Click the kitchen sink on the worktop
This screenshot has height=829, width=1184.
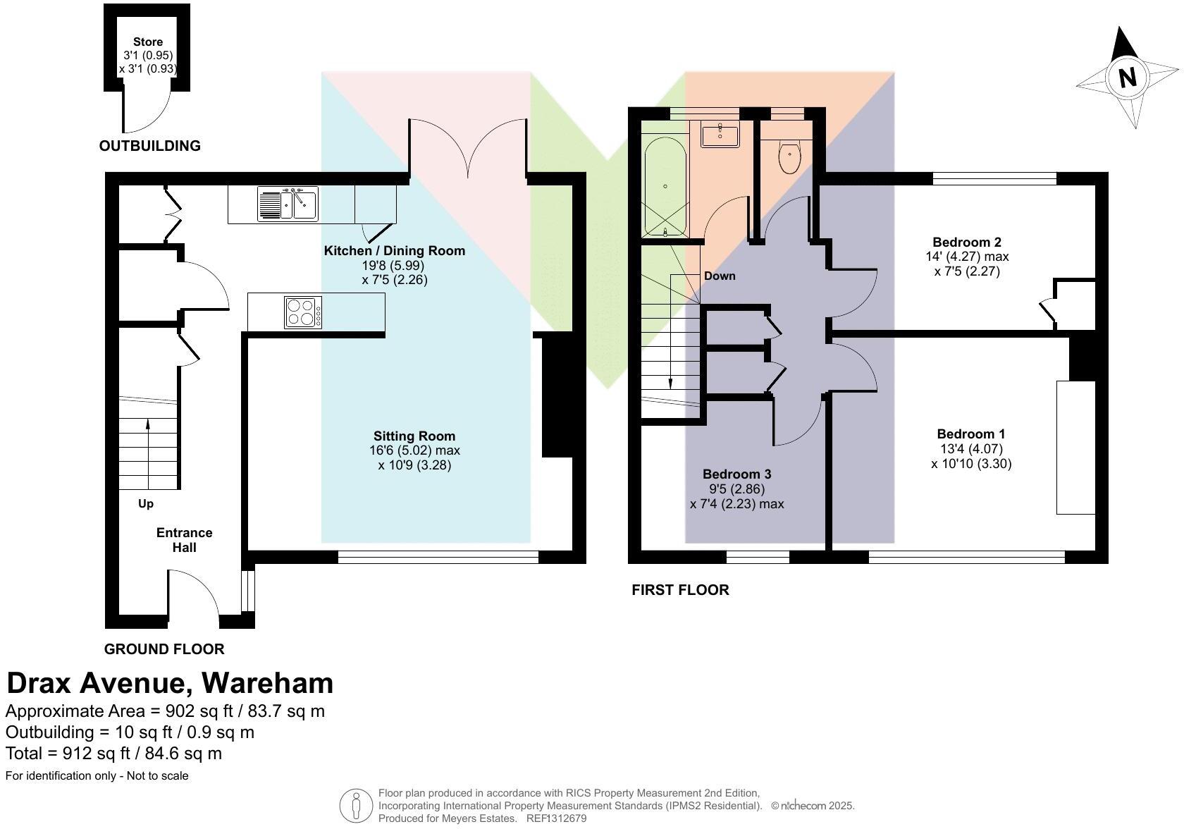click(288, 204)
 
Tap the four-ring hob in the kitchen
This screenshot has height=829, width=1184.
click(303, 312)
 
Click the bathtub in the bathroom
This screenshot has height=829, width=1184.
click(665, 186)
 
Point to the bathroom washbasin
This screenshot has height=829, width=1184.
click(720, 133)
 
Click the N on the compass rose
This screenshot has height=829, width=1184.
click(1128, 77)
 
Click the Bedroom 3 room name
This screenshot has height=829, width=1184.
click(736, 474)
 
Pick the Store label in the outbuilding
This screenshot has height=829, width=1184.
click(148, 42)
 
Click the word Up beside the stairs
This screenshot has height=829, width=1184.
click(146, 503)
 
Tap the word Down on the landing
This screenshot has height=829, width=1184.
click(720, 276)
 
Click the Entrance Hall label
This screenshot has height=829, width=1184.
click(184, 540)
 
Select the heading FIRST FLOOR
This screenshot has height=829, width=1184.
click(680, 590)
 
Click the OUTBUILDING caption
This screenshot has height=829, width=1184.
click(150, 146)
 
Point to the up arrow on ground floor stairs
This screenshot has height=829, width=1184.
click(148, 424)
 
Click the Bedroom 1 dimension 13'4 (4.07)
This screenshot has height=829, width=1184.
click(970, 448)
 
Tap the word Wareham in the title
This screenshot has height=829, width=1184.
click(267, 683)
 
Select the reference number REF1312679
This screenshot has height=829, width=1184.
click(556, 818)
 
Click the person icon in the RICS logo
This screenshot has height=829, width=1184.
click(356, 805)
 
